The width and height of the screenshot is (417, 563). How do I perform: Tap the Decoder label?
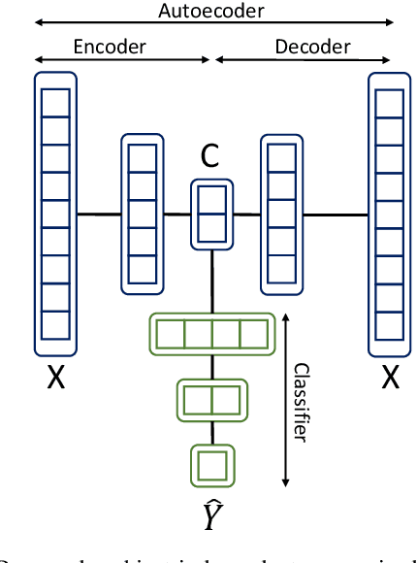click(x=312, y=47)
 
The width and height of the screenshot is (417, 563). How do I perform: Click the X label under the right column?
click(x=390, y=379)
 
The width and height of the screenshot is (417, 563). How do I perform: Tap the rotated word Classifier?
click(x=301, y=402)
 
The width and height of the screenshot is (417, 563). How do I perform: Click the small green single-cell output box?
click(x=212, y=464)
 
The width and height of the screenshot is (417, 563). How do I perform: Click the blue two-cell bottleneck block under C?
click(x=211, y=213)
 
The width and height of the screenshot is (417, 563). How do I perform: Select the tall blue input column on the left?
click(x=55, y=213)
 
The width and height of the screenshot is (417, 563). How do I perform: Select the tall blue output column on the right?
click(x=389, y=213)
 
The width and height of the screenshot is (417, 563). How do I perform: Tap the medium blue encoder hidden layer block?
click(x=142, y=213)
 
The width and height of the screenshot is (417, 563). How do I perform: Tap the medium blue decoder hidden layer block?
click(x=282, y=213)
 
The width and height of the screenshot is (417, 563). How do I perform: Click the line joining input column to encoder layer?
click(x=98, y=213)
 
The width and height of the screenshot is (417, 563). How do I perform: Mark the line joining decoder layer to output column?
click(x=336, y=213)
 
